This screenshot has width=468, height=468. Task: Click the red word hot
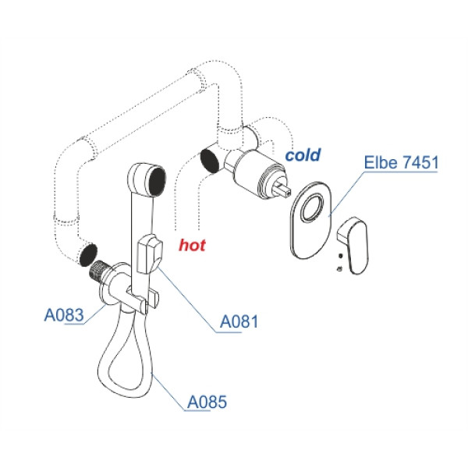pos(192,246)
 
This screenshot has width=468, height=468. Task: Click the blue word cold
pos(302,155)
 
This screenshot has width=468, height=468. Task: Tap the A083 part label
pos(63,316)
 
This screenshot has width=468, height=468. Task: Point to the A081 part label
pos(239,321)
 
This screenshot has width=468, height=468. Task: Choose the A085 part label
pos(207,402)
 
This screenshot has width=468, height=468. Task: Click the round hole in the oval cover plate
pos(315,209)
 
